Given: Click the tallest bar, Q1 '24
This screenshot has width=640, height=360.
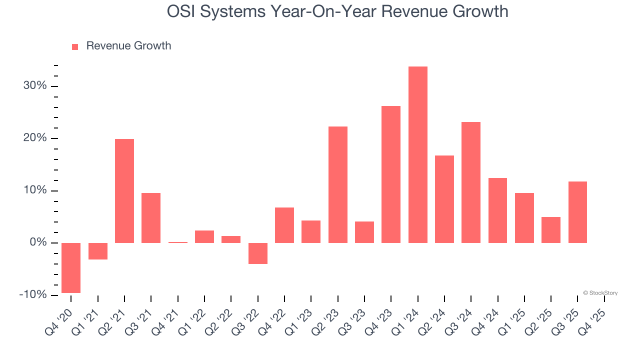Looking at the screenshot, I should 417,155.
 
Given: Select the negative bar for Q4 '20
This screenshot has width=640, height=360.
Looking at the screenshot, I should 71,267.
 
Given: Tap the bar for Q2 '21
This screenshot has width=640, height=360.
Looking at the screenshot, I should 124,191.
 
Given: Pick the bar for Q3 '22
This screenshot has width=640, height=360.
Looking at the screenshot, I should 258,253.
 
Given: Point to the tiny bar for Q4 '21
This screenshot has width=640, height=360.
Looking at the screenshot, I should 177,242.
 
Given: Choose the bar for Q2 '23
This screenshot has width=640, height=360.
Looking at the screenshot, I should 338,184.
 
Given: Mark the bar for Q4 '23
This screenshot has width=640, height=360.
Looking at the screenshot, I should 391,174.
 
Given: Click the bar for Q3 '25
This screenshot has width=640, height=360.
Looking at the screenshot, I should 577,212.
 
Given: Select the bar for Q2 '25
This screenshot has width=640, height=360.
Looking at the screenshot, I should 551,230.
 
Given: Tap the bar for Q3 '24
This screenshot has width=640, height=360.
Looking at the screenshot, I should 471,182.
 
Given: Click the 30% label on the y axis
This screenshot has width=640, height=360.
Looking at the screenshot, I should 35,86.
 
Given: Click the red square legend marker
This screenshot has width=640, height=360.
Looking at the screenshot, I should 75,46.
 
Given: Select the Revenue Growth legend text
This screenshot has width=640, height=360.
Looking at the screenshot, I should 128,46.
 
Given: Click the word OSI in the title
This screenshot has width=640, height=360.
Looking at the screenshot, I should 181,11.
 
